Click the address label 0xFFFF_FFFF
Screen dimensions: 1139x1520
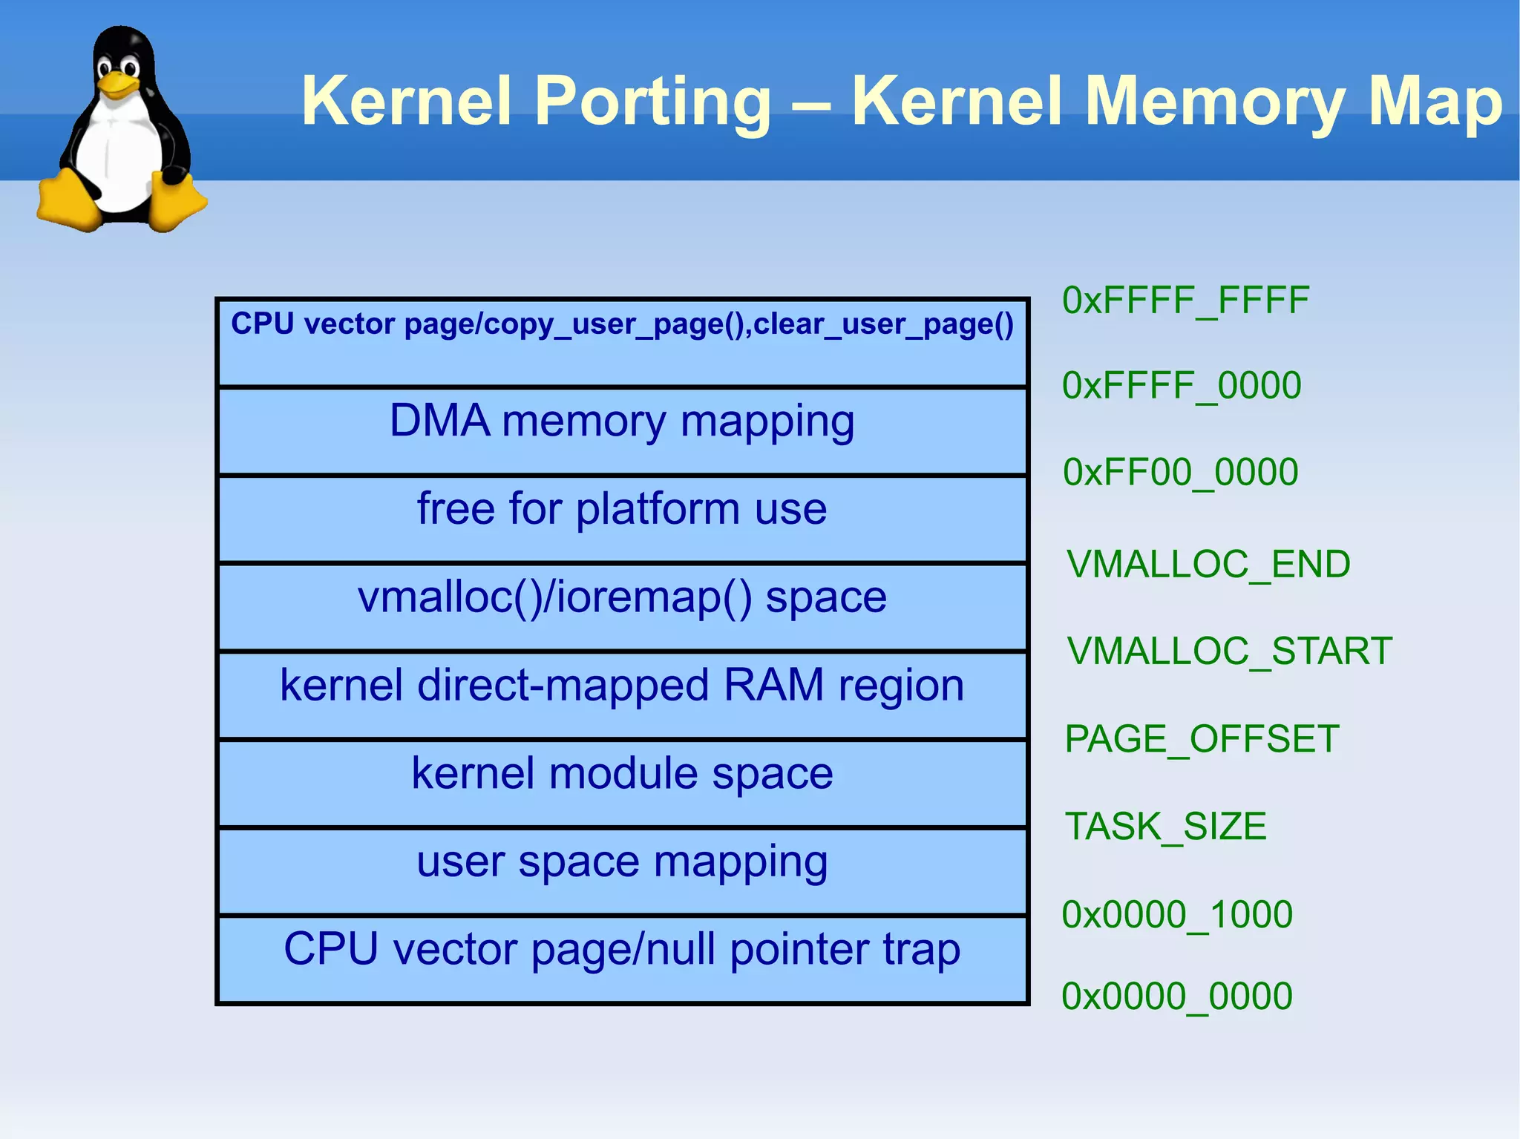tap(1185, 301)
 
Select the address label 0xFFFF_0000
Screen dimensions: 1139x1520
tap(1182, 386)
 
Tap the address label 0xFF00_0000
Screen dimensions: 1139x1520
tap(1180, 472)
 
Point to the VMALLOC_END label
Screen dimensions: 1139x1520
tap(1208, 564)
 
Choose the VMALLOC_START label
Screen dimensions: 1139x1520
tap(1229, 651)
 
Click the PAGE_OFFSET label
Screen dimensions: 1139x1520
tap(1202, 739)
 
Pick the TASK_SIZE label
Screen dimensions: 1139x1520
tap(1165, 827)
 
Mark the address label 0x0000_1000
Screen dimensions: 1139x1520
tap(1177, 914)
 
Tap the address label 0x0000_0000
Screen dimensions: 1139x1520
tap(1177, 996)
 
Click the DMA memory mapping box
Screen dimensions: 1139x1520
tap(622, 431)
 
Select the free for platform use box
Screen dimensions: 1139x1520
tap(622, 519)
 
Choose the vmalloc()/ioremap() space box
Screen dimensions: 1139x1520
tap(622, 607)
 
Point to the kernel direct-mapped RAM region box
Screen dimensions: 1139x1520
tap(622, 695)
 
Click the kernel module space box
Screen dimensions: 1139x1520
tap(622, 783)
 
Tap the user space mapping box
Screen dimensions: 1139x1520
tap(622, 870)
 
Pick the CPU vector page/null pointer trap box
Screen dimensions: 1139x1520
tap(622, 959)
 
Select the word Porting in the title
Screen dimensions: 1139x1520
tap(653, 102)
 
